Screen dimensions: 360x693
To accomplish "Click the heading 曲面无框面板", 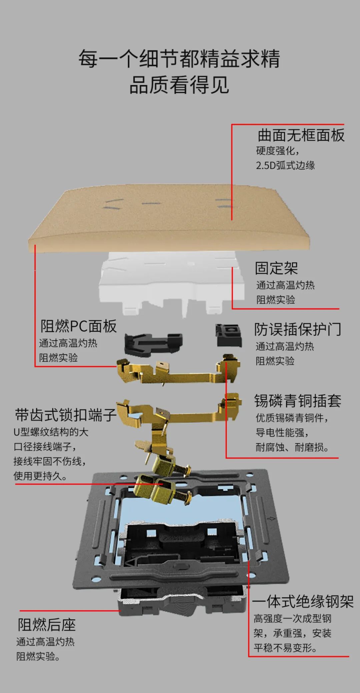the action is [x=301, y=135].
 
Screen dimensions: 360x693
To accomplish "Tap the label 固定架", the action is [x=276, y=268].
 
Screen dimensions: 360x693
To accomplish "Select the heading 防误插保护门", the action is [x=298, y=329].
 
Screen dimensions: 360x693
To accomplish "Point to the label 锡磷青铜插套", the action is [x=298, y=401].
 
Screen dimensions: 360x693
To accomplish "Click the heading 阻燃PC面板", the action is [x=78, y=326].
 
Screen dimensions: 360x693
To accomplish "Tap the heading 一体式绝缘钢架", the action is [x=303, y=602].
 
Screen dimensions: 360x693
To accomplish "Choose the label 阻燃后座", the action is [x=47, y=625].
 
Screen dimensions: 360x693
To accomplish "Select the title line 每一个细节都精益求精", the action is [x=179, y=59].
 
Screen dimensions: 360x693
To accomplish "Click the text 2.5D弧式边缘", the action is [x=285, y=165].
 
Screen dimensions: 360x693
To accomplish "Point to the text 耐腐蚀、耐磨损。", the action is [x=293, y=447].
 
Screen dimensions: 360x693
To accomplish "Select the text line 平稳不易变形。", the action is [x=285, y=648].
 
